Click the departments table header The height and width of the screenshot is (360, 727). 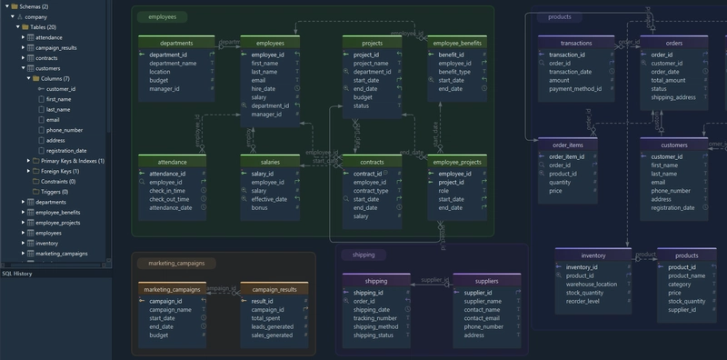point(176,43)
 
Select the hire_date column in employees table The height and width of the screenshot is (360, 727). point(264,89)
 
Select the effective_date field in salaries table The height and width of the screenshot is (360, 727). point(270,199)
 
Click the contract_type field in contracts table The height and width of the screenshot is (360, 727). point(371,191)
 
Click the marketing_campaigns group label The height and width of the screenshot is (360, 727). point(176,264)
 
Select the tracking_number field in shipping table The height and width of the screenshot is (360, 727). point(374,318)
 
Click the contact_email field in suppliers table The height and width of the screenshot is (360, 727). point(488,318)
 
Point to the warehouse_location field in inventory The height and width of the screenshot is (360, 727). point(592,285)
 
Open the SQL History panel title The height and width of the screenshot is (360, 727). point(17,273)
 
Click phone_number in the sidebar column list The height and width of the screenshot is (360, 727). point(64,130)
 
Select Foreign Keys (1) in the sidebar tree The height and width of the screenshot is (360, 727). point(60,171)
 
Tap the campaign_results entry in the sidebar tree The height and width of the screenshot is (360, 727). point(55,47)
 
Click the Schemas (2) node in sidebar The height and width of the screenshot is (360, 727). point(35,6)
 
